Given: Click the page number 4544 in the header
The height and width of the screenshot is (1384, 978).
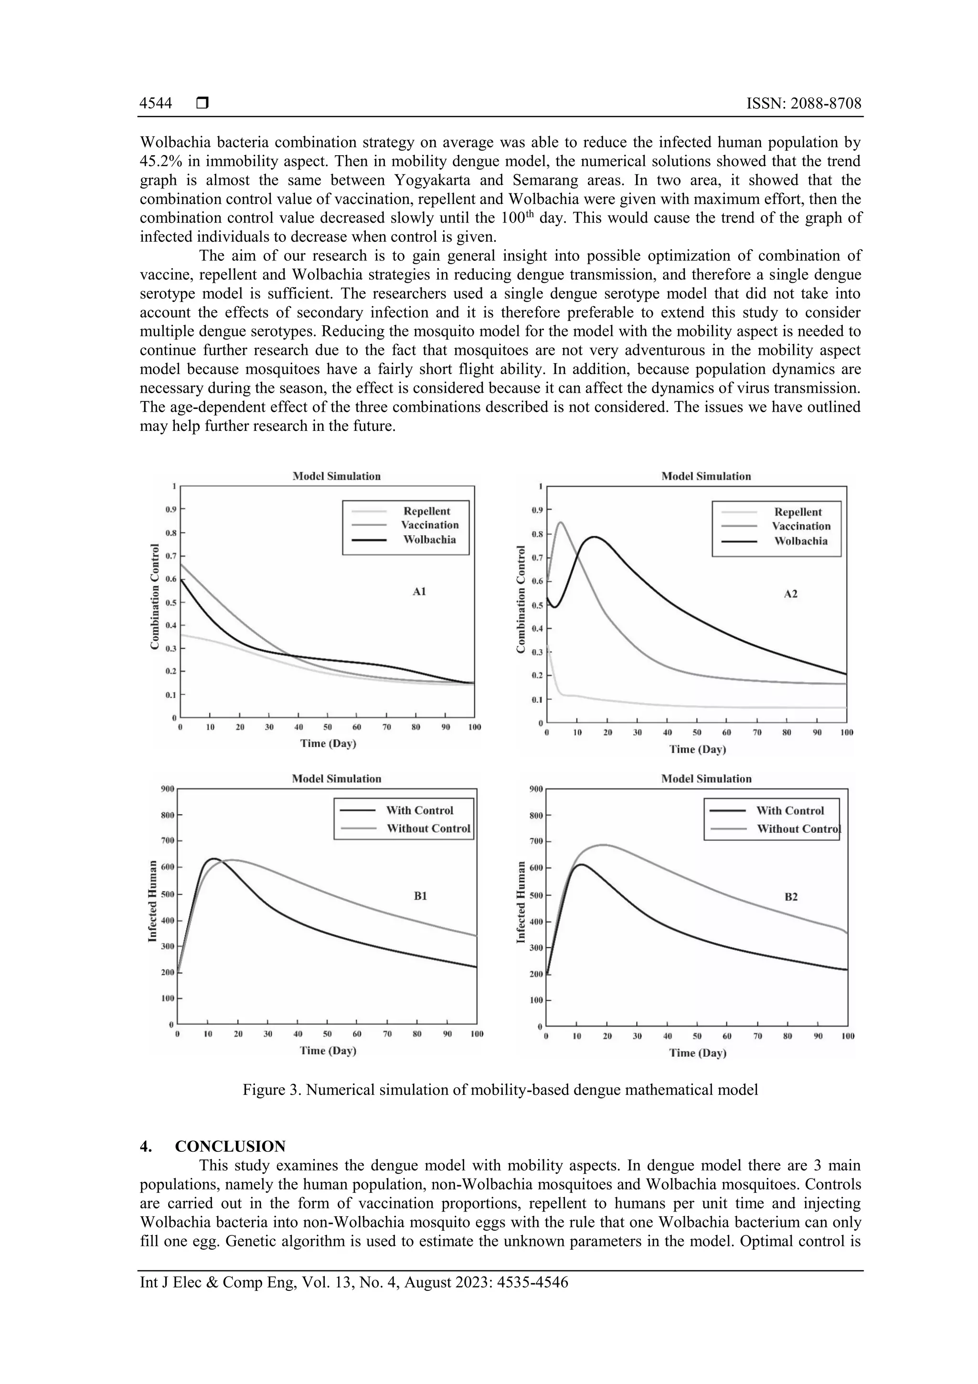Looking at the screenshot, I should point(156,104).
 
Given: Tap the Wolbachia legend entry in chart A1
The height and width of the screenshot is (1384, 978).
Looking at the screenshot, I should point(429,539).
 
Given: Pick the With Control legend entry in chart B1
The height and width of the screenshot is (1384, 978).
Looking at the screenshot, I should point(419,810).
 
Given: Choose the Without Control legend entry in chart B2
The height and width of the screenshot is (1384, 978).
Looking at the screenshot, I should point(798,828).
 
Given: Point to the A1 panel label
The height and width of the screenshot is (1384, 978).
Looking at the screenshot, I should point(419,591).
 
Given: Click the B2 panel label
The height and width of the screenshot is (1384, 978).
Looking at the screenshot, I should point(791,896).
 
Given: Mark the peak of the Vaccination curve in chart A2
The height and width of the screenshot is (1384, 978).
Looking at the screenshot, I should point(561,522).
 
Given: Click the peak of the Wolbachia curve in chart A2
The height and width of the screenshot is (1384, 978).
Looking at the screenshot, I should point(595,536).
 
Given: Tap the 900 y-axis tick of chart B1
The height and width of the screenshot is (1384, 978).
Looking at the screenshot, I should point(167,788).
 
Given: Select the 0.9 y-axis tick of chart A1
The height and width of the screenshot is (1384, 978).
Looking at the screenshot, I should point(171,509).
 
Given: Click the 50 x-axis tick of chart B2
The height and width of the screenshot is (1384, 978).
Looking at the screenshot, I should point(697,1036).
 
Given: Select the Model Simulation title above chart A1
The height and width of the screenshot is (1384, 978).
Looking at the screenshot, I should point(336,476).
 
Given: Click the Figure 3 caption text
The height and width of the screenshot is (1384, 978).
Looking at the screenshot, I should point(500,1090).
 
